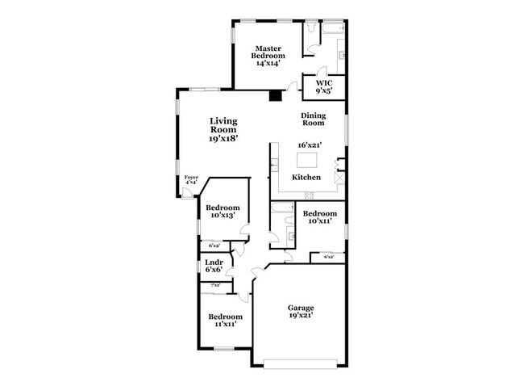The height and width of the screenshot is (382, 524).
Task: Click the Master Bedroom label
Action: [x=269, y=55]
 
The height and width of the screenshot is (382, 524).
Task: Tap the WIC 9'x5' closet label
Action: [x=323, y=86]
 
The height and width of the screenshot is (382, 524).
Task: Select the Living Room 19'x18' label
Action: [x=223, y=129]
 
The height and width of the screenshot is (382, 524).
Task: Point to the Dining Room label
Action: [x=313, y=119]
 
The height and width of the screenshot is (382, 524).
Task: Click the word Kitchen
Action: [x=306, y=177]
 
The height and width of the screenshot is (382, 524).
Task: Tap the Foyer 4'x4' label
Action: [x=191, y=180]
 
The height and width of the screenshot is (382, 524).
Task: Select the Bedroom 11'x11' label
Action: [x=225, y=321]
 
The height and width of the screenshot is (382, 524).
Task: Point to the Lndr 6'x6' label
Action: [x=214, y=267]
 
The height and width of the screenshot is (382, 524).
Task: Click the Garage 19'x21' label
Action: [x=301, y=312]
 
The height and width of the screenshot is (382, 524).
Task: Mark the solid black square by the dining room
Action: [x=275, y=95]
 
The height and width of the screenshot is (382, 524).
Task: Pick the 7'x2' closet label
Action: [x=215, y=285]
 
